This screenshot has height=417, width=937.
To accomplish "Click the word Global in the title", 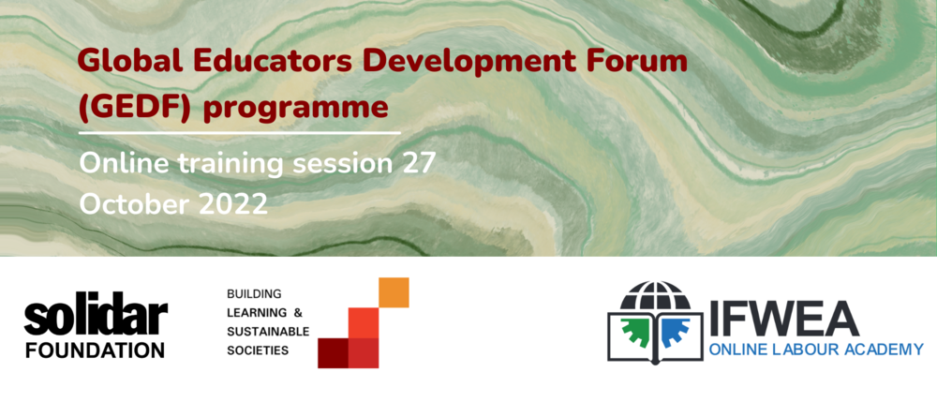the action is (120, 62).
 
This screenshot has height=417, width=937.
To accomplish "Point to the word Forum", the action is (634, 62).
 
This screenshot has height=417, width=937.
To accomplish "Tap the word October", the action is (135, 204).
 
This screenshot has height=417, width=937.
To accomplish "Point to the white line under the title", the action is (239, 132).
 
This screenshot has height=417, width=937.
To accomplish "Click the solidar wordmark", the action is (96, 316).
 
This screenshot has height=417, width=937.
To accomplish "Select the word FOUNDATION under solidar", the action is (95, 350).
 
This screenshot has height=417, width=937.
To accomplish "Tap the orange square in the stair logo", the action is (394, 292).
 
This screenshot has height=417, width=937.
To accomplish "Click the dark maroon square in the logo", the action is (333, 353).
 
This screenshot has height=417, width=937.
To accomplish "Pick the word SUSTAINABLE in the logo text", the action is (268, 332).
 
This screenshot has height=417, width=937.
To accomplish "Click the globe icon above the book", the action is (656, 296).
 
